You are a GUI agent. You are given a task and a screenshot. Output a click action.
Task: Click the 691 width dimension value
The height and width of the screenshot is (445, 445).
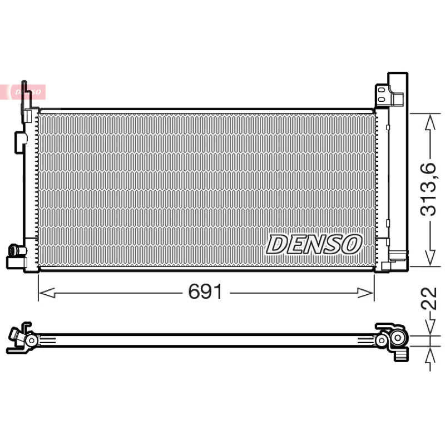coord(205,291)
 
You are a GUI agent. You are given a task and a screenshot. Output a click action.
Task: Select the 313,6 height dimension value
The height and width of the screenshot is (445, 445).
coord(428,190)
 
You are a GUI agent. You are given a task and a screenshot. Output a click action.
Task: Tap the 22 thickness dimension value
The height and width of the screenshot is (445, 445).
coord(428,298)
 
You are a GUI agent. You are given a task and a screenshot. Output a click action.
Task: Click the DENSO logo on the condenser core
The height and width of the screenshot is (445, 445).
coord(314,244)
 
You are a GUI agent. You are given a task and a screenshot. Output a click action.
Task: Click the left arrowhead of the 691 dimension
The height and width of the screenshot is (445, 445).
coord(47,293)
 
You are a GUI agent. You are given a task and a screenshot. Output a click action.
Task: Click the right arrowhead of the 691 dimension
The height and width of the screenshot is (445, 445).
coord(365,293)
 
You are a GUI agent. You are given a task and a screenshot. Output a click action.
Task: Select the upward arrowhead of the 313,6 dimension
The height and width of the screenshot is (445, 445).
coord(430,122)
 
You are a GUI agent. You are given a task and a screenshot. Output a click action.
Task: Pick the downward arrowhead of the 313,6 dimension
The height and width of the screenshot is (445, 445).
coord(430,257)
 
